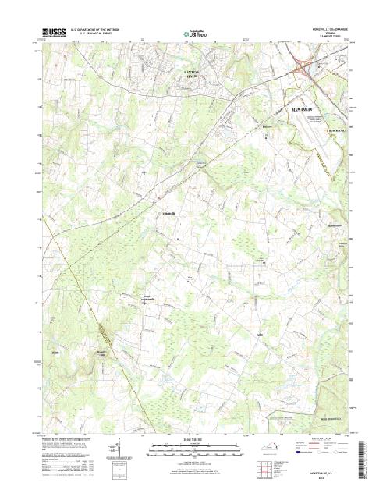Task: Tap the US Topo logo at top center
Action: tap(195, 34)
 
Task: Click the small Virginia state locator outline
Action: tap(267, 450)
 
